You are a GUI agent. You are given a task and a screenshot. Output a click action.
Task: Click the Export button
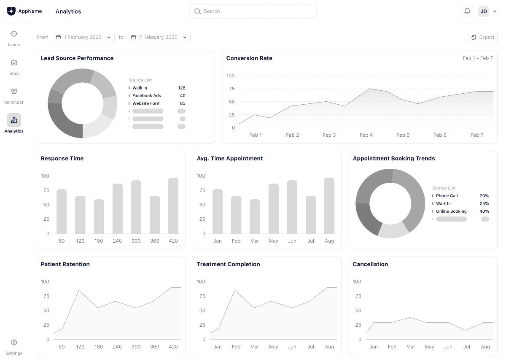coord(483,37)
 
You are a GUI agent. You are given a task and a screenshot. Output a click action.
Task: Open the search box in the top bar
coord(253,11)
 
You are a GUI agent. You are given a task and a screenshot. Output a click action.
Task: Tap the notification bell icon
coord(467,11)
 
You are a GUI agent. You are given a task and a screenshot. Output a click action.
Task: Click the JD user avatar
coord(484,11)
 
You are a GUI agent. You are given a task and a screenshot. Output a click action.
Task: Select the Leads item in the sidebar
coord(14,38)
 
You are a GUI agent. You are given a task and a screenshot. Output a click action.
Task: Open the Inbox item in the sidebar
coord(14,67)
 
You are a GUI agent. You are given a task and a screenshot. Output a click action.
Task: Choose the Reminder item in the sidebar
coord(14,95)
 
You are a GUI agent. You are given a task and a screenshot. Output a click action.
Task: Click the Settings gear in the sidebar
coord(14,346)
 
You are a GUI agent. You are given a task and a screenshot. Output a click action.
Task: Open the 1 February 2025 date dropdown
coord(83,37)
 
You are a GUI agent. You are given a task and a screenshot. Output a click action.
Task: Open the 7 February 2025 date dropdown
coord(159,37)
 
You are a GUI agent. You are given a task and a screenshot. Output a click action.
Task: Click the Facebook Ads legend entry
coord(146,96)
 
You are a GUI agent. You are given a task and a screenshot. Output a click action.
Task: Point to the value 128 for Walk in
coord(182,88)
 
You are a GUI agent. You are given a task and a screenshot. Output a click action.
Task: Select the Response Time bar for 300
coord(136,207)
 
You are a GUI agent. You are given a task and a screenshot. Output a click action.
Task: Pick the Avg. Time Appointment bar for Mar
coord(255,217)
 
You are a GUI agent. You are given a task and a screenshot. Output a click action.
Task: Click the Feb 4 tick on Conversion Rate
coord(366,135)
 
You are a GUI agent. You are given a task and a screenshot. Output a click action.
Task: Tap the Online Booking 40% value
coord(484,211)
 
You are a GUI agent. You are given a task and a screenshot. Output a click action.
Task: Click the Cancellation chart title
coord(370,264)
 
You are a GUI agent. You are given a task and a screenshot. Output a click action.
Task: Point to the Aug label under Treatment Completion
coord(329,347)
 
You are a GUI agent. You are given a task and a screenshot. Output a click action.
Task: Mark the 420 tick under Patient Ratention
coord(173,347)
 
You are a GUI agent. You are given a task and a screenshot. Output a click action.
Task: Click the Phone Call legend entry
coord(447,196)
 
